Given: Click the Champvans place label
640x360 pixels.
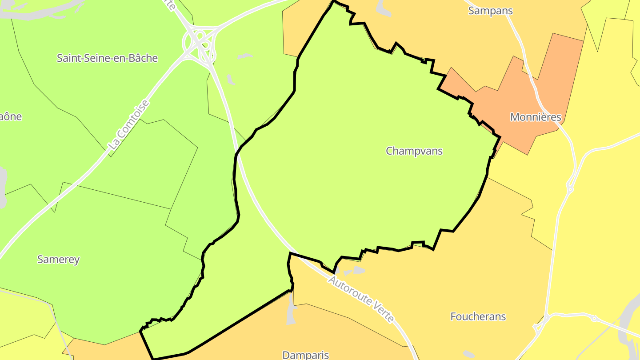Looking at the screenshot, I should (x=414, y=151).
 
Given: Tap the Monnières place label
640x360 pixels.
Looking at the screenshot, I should (x=536, y=117).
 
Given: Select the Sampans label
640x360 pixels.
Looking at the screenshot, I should (x=490, y=11).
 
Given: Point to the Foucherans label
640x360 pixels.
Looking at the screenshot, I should (x=478, y=316).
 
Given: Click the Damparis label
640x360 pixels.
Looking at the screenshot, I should (x=306, y=355).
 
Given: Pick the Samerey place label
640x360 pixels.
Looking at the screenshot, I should (x=58, y=259).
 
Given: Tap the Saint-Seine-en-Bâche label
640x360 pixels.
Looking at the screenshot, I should (x=107, y=58).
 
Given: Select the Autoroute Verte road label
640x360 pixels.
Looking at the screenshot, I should (x=361, y=299).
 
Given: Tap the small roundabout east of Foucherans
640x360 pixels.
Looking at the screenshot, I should (x=594, y=318).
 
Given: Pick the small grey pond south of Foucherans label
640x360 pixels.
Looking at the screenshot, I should (x=468, y=354).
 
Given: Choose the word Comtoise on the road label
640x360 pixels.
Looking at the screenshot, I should (x=134, y=119).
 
